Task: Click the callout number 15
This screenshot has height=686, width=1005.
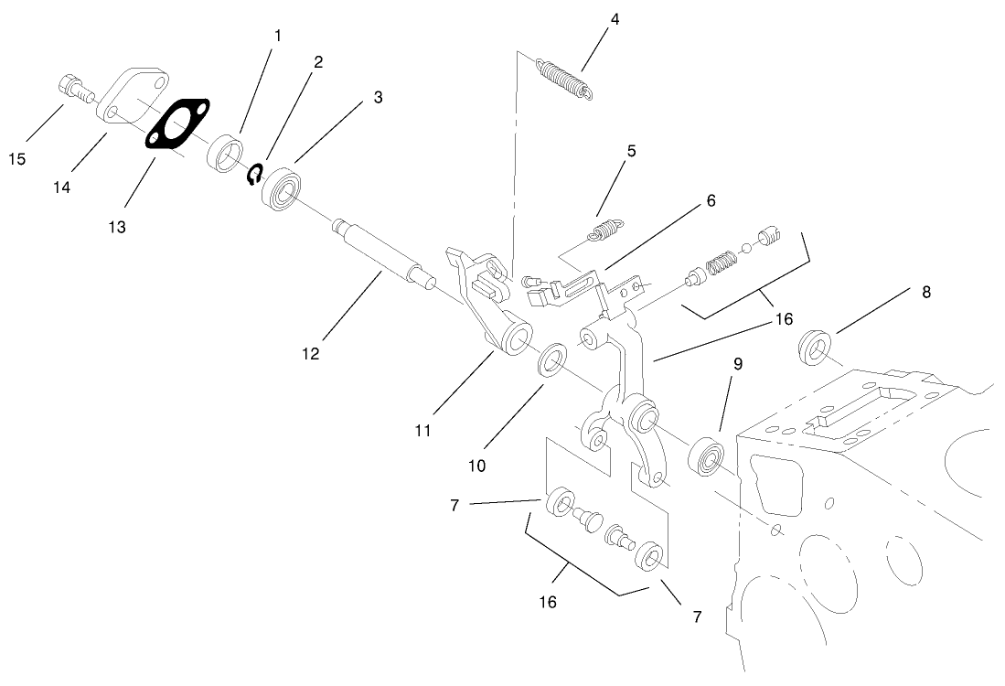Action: coord(17,159)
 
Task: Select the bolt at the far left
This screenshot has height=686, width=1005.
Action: coord(74,90)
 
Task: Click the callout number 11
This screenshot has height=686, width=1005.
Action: coord(422,429)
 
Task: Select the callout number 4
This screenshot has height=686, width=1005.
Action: coord(615,17)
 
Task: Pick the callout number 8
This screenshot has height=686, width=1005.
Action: coord(926,293)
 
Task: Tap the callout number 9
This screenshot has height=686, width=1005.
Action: coord(737,363)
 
